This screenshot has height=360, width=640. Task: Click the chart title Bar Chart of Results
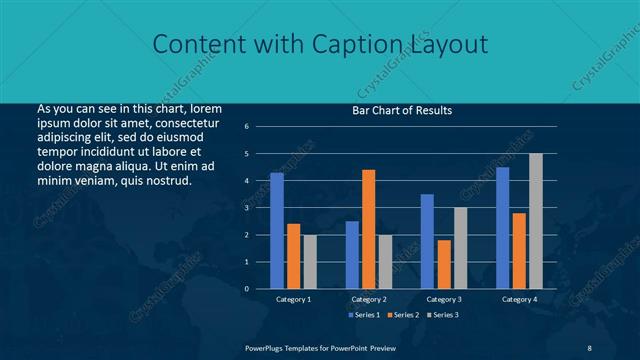click(x=401, y=110)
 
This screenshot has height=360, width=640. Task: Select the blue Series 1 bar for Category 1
click(x=277, y=230)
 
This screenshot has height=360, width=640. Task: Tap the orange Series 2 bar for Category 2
click(x=368, y=229)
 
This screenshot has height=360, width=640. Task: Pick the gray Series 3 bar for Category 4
click(x=535, y=221)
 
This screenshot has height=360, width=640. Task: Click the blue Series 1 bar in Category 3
click(x=427, y=241)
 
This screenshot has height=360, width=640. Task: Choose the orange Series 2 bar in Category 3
click(x=443, y=264)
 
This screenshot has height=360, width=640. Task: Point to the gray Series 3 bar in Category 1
click(x=309, y=261)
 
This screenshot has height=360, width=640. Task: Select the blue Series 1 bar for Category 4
click(x=502, y=227)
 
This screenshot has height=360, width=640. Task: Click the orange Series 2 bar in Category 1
click(x=293, y=256)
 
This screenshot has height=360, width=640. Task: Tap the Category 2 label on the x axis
click(x=368, y=299)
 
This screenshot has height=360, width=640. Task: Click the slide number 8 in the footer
click(x=589, y=347)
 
